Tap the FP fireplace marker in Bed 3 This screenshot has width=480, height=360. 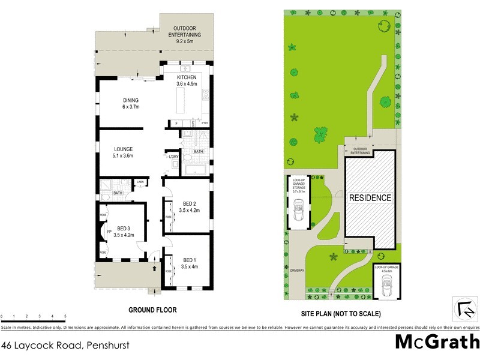click(x=109, y=232)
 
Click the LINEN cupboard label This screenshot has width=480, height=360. click(x=140, y=181)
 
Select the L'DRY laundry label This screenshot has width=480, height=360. click(x=173, y=157)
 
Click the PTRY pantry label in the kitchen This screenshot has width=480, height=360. click(x=205, y=124)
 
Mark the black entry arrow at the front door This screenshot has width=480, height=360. click(x=155, y=269)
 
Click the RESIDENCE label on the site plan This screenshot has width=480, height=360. click(x=370, y=197)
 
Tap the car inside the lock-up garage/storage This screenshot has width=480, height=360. click(x=299, y=211)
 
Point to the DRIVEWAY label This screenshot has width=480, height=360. click(x=298, y=270)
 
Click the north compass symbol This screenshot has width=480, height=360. click(x=464, y=309)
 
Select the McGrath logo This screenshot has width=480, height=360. click(x=437, y=342)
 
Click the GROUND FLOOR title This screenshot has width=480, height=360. click(x=152, y=310)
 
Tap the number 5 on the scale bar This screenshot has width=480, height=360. click(x=65, y=316)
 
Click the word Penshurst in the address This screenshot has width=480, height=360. click(x=107, y=345)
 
